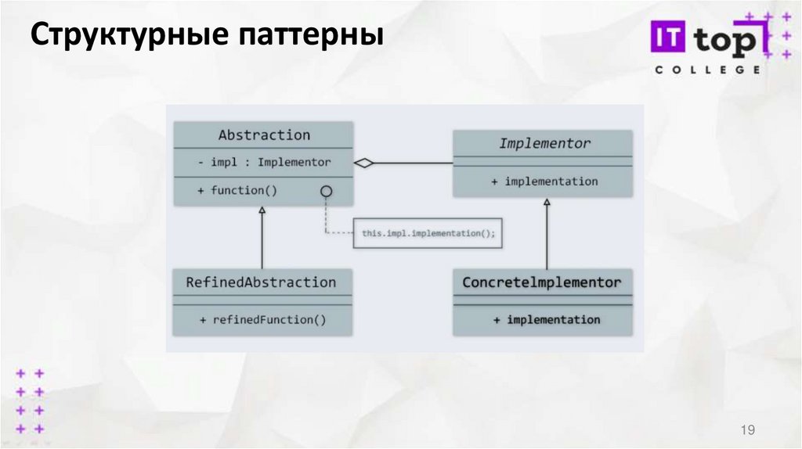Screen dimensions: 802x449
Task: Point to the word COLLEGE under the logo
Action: pos(706,70)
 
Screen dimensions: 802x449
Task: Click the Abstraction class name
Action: pos(264,135)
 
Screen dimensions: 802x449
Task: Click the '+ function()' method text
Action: pos(244,190)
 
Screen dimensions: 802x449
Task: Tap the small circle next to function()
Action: pos(326,191)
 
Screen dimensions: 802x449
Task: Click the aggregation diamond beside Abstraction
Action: pos(364,163)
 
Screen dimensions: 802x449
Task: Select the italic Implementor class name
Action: pos(544,143)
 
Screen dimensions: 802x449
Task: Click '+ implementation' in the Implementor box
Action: pos(544,181)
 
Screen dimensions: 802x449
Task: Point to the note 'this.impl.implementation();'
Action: pos(428,233)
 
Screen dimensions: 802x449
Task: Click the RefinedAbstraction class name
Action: pos(261,282)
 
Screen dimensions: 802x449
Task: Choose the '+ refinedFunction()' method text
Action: pos(262,319)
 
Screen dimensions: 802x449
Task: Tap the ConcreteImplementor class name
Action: pos(542,282)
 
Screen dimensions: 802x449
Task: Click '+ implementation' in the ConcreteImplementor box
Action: pos(547,319)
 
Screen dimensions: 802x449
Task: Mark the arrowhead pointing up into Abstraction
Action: pos(262,210)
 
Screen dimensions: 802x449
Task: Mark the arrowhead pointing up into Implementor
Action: pos(547,202)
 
